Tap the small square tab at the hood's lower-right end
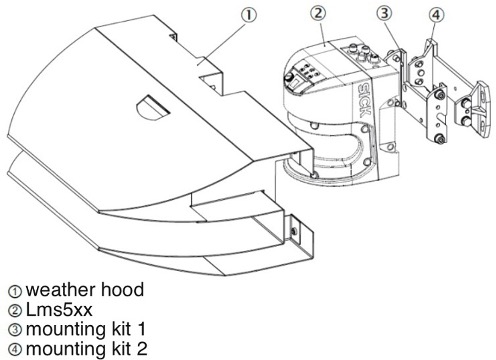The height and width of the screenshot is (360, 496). coord(296,231)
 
